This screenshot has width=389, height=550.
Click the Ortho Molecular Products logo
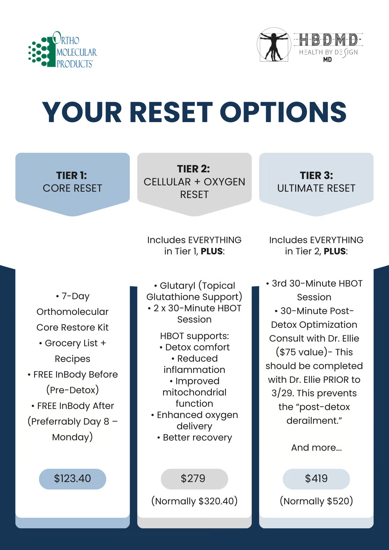click(x=63, y=50)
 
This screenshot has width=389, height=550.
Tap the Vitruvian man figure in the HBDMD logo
click(x=274, y=45)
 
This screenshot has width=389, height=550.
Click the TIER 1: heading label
click(x=72, y=175)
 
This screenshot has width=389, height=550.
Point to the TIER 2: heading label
click(x=194, y=169)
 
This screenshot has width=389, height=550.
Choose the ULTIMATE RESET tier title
click(x=316, y=188)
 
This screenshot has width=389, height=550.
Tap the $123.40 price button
click(x=72, y=478)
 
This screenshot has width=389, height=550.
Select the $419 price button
click(x=316, y=478)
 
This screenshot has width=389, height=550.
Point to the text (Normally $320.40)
click(x=194, y=501)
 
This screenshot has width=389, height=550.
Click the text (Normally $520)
click(x=316, y=501)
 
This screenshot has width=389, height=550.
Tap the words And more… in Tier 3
click(x=316, y=447)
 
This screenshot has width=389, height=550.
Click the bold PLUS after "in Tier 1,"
click(x=212, y=251)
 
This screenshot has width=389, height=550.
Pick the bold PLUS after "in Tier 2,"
click(x=335, y=251)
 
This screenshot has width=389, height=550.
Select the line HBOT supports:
click(x=194, y=336)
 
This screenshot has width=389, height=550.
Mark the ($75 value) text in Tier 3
click(x=302, y=352)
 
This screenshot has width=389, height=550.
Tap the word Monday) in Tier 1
click(x=72, y=437)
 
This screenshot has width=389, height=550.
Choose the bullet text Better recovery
click(x=197, y=437)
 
